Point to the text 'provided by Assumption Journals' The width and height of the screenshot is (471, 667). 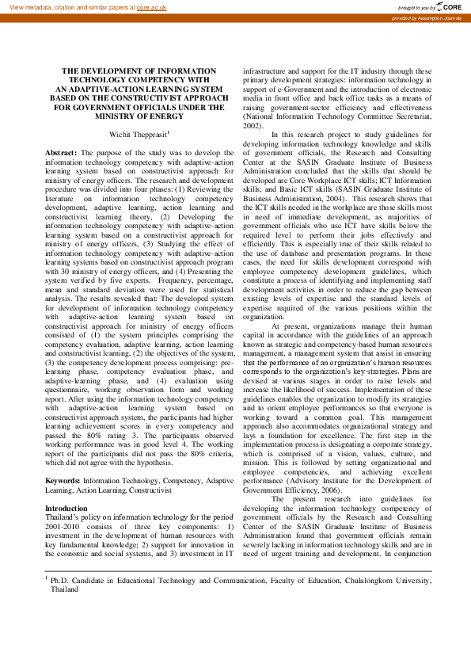click(x=427, y=17)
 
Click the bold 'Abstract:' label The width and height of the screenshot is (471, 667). click(x=61, y=152)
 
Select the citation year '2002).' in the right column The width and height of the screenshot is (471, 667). click(x=253, y=125)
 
